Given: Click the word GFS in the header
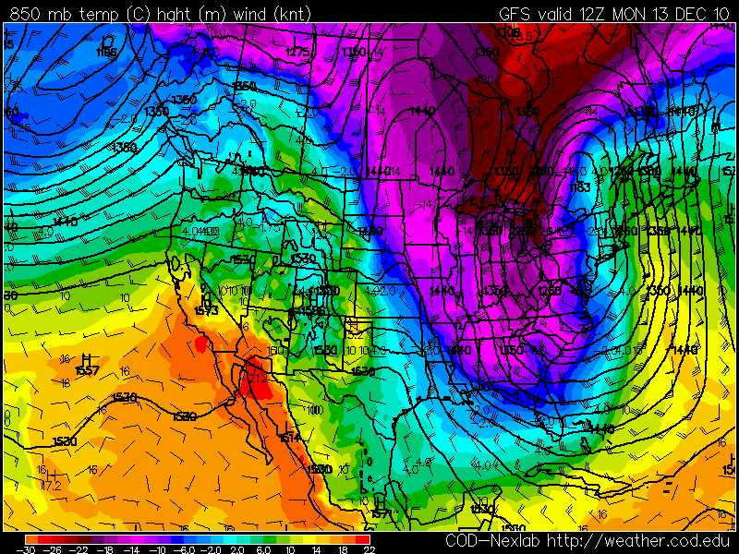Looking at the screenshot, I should pyautogui.click(x=515, y=14).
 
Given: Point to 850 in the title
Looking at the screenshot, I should pyautogui.click(x=26, y=14).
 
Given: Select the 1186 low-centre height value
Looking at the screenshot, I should pyautogui.click(x=107, y=53).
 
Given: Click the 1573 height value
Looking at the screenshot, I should pyautogui.click(x=207, y=310).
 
